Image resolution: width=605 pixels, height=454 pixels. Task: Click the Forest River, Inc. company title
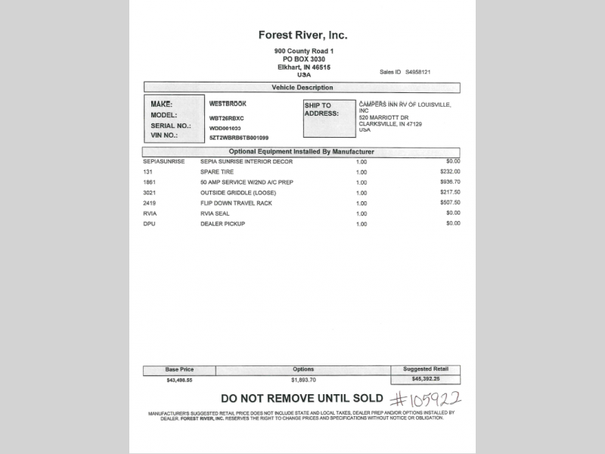302,35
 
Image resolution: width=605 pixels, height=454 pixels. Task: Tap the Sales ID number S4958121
417,72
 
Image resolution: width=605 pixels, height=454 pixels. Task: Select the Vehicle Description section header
302,88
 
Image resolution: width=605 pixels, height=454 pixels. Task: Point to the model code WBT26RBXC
227,118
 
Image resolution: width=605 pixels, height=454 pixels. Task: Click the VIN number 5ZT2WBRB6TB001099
239,138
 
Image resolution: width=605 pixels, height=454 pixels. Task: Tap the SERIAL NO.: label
171,126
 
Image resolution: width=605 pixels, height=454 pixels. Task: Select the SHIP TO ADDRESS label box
330,118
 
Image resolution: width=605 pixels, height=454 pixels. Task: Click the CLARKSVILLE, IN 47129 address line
390,124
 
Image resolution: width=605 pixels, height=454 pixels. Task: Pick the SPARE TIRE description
217,172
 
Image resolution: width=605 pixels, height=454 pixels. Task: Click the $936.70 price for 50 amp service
450,182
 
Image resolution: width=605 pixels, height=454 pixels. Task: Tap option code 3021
149,192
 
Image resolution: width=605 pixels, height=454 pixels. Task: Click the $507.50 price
450,203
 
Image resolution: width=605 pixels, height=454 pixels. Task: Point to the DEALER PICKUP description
222,224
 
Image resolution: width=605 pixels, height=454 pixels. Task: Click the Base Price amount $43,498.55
179,380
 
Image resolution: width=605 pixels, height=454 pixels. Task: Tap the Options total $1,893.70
303,380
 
